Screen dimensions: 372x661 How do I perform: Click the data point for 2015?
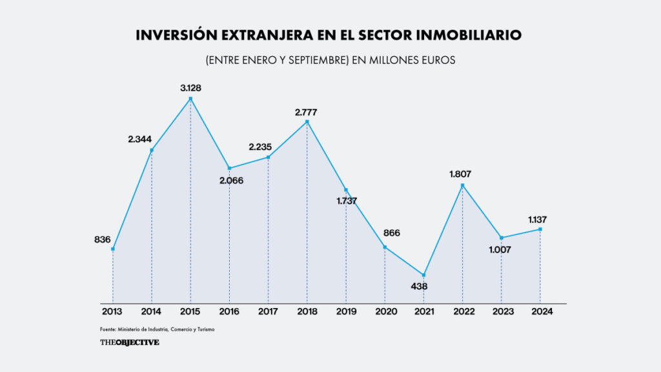pos(190,99)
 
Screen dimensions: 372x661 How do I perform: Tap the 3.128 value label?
pos(190,87)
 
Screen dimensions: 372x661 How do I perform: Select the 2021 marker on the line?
pos(423,275)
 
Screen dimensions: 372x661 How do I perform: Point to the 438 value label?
pos(423,286)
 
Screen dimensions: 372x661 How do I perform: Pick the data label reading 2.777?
pos(306,112)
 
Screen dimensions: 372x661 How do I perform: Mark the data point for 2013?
pos(112,249)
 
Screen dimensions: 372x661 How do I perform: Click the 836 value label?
pos(102,240)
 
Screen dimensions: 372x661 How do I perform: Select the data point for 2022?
pos(462,185)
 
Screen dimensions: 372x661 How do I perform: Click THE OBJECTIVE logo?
pos(129,342)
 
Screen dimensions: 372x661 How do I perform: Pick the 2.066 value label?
pos(231,180)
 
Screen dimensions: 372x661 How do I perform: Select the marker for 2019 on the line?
pos(346,190)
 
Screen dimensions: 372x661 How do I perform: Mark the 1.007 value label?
pos(503,249)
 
